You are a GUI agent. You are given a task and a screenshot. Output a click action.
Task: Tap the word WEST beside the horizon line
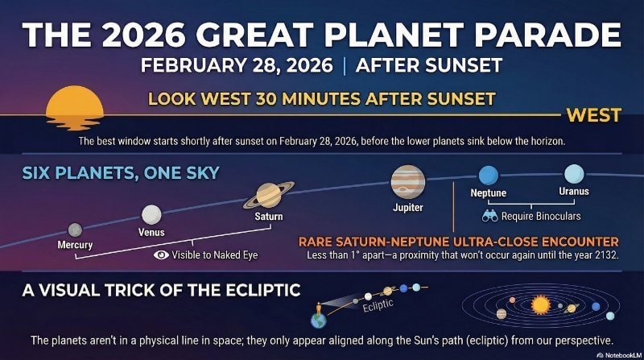click(593, 115)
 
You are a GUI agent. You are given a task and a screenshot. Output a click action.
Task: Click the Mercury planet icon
click(75, 230)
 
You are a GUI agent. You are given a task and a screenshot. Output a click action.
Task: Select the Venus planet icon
click(151, 214)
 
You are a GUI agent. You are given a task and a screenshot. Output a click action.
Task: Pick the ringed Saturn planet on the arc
click(268, 195)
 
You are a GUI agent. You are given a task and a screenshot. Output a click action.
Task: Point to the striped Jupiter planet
click(407, 182)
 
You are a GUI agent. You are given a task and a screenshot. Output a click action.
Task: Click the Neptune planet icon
click(488, 175)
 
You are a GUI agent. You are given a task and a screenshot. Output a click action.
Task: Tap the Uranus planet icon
click(574, 173)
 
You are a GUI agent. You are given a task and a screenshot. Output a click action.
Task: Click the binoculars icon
click(489, 216)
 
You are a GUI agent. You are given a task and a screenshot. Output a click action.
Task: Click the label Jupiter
click(407, 208)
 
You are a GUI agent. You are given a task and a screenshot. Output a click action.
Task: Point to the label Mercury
click(75, 245)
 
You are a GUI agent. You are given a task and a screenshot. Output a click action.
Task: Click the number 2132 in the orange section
click(601, 255)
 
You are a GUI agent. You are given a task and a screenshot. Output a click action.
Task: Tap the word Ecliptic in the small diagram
click(378, 307)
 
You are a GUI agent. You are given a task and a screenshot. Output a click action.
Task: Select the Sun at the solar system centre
click(539, 305)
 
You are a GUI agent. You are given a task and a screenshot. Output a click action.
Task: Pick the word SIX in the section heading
click(38, 173)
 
